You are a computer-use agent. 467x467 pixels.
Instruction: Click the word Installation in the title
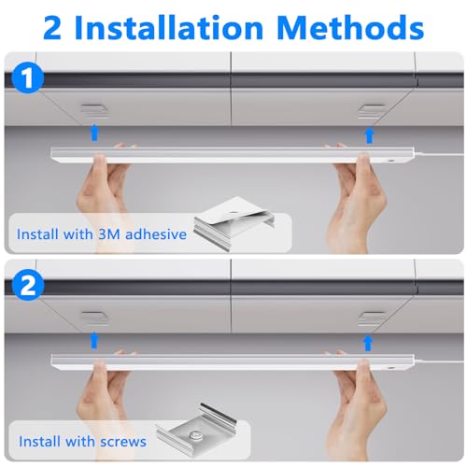pos(169,28)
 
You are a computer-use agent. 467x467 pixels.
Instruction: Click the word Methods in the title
pos(350,28)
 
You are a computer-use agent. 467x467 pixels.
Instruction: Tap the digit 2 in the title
pos(52,29)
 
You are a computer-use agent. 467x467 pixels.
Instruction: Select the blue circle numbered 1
pos(28,78)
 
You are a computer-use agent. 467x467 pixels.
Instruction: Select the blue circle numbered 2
pos(28,286)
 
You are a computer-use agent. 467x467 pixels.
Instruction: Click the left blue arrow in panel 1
pos(94,133)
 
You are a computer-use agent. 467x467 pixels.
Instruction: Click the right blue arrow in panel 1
pos(369,135)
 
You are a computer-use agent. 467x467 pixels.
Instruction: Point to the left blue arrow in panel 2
pos(94,340)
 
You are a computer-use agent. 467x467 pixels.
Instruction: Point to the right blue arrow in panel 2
pos(369,343)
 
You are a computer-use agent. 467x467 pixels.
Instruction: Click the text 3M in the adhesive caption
pos(109,234)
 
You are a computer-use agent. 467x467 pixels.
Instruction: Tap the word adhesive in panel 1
pos(156,233)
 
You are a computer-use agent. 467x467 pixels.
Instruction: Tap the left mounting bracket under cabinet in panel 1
pos(94,111)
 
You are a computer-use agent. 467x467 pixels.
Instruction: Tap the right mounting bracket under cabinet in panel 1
pos(372,111)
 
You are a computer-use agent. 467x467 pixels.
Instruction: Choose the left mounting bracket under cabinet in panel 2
pos(94,318)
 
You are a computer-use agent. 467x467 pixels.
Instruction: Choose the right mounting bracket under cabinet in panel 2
pos(372,318)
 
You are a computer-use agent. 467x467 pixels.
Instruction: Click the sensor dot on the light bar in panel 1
pos(390,161)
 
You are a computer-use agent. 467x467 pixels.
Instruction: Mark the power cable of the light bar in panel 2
pos(439,363)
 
